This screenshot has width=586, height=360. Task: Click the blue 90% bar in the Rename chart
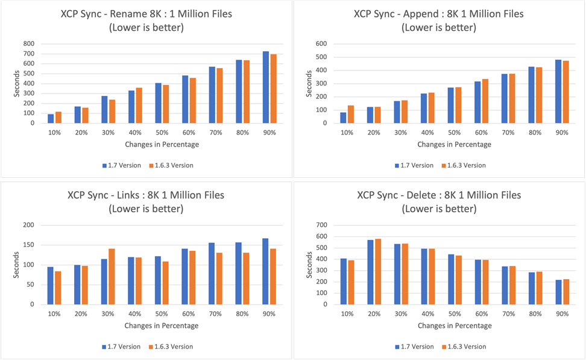pos(266,87)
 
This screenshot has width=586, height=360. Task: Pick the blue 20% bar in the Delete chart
pos(371,272)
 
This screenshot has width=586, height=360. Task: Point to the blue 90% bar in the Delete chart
pos(558,292)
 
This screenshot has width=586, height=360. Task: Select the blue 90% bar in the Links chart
pos(266,271)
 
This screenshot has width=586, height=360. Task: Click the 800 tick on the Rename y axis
pos(28,43)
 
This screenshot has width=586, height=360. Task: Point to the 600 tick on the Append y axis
pos(320,43)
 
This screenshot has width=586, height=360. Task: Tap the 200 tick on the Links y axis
pos(28,225)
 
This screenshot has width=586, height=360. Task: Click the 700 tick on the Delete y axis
pos(320,225)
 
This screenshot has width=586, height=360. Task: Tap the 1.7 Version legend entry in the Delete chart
pos(415,347)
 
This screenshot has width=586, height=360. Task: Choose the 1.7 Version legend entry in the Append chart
pos(415,165)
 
